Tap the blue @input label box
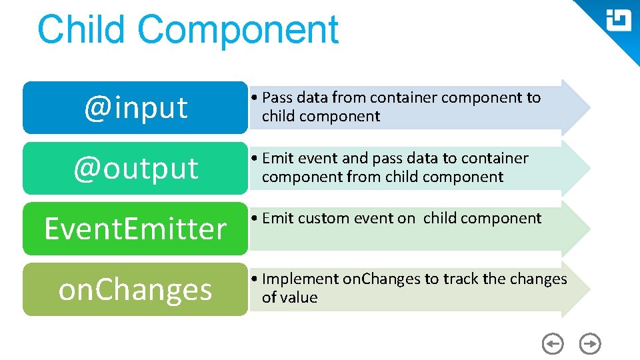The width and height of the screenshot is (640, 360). [135, 107]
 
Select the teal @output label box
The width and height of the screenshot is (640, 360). [135, 168]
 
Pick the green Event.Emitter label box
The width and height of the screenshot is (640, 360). [135, 229]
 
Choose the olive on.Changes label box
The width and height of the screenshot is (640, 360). [135, 289]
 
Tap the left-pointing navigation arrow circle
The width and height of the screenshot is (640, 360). [553, 344]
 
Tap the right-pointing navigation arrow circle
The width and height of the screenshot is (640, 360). [590, 344]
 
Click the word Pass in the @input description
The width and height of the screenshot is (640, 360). [277, 98]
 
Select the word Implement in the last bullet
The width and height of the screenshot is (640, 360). [301, 279]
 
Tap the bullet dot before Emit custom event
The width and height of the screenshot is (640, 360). [255, 219]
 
